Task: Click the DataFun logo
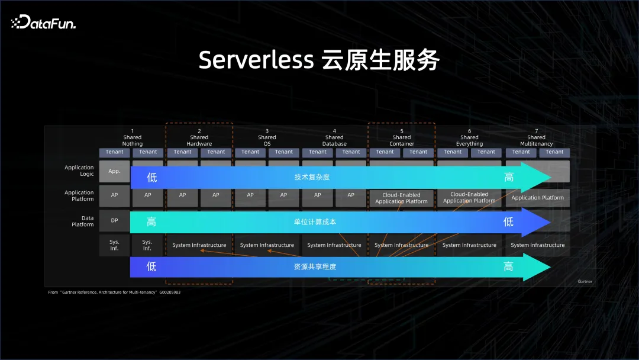44,22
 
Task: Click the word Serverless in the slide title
256,60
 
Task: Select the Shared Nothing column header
132,137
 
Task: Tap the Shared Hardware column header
199,137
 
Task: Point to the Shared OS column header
267,137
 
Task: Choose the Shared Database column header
334,137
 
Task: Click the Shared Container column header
402,137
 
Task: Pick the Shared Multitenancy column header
537,137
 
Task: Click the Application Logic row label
79,171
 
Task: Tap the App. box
114,171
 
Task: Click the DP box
114,220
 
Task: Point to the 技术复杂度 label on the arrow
312,177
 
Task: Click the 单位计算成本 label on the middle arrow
312,222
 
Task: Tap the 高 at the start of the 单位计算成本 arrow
151,222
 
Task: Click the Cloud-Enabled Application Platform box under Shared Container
401,198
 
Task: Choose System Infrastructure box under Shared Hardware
199,245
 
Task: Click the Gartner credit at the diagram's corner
584,282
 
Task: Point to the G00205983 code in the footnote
169,292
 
